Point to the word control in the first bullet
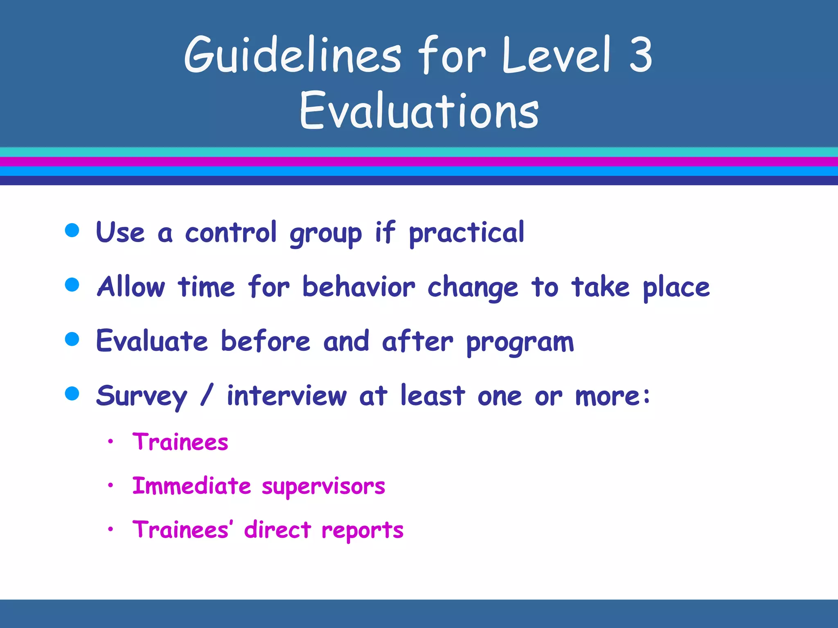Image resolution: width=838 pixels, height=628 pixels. (231, 232)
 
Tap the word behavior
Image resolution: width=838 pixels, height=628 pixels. (358, 287)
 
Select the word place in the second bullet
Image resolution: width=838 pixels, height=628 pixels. (676, 287)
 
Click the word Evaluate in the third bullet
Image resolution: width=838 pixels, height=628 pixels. (152, 341)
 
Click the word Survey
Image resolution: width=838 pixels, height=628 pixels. (142, 396)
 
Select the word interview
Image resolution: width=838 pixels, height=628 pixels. (286, 395)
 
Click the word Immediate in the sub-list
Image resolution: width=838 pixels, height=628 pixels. (191, 486)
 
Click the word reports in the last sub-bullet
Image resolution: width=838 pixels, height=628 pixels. (363, 530)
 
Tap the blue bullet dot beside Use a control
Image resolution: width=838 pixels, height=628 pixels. (72, 230)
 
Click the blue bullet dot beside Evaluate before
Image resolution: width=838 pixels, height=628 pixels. (72, 339)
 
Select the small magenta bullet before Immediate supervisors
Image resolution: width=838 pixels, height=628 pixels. (110, 485)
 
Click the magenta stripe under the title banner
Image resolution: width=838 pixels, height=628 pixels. (419, 161)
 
